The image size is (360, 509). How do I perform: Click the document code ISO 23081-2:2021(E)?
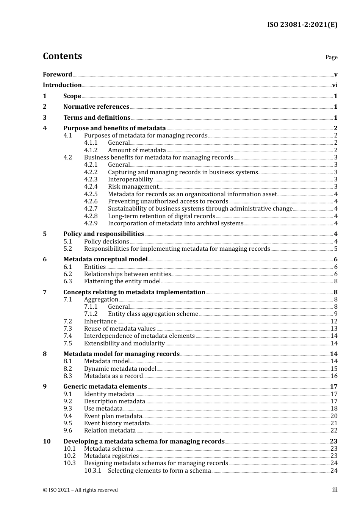302,25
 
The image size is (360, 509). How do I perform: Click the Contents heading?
62,56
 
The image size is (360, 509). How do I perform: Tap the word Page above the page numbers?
331,57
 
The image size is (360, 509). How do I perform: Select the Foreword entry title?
57,75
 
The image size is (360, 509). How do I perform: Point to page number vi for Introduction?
335,85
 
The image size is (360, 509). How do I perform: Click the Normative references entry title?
96,107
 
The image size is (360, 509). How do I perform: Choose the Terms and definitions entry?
97,118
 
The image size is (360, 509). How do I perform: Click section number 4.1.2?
91,150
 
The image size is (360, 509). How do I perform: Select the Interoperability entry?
130,180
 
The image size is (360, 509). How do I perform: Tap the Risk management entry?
133,187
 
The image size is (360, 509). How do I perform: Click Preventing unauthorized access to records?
168,201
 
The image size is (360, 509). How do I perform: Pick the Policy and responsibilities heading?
103,234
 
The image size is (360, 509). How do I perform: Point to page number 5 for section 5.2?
336,249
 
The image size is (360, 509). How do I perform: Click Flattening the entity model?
122,281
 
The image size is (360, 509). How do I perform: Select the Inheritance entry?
100,322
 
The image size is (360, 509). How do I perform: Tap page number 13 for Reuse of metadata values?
334,329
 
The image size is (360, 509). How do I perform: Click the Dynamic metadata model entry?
120,369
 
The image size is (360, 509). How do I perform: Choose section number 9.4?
68,416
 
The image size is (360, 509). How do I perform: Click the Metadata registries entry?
111,456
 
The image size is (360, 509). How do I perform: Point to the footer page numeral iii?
335,490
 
